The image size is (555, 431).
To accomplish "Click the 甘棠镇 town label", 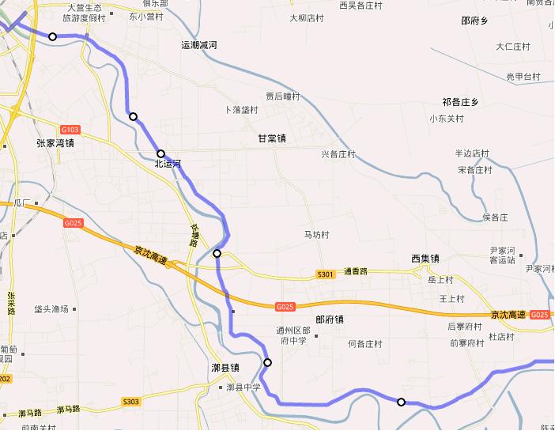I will point(272,138).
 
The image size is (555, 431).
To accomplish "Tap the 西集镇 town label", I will point(425,259).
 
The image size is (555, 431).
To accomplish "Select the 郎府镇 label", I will point(329,320).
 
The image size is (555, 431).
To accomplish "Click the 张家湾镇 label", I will point(55,143).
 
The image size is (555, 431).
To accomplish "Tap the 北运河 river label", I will point(168,164).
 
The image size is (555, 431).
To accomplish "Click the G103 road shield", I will point(70,129).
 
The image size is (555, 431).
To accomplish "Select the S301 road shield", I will point(325,274).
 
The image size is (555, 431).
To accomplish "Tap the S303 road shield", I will point(131,402).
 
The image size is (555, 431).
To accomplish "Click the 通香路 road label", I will point(356,271).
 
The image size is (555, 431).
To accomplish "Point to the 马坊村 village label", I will point(316,235).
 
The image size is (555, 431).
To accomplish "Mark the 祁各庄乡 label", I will point(461,102).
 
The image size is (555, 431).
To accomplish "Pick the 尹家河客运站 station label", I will point(502,255).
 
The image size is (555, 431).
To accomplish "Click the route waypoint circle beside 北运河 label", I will point(160,154).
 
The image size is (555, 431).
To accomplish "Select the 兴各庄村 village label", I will point(338,154).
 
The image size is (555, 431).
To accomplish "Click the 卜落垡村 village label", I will point(242,110).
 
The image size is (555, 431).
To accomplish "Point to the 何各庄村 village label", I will point(365,344).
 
